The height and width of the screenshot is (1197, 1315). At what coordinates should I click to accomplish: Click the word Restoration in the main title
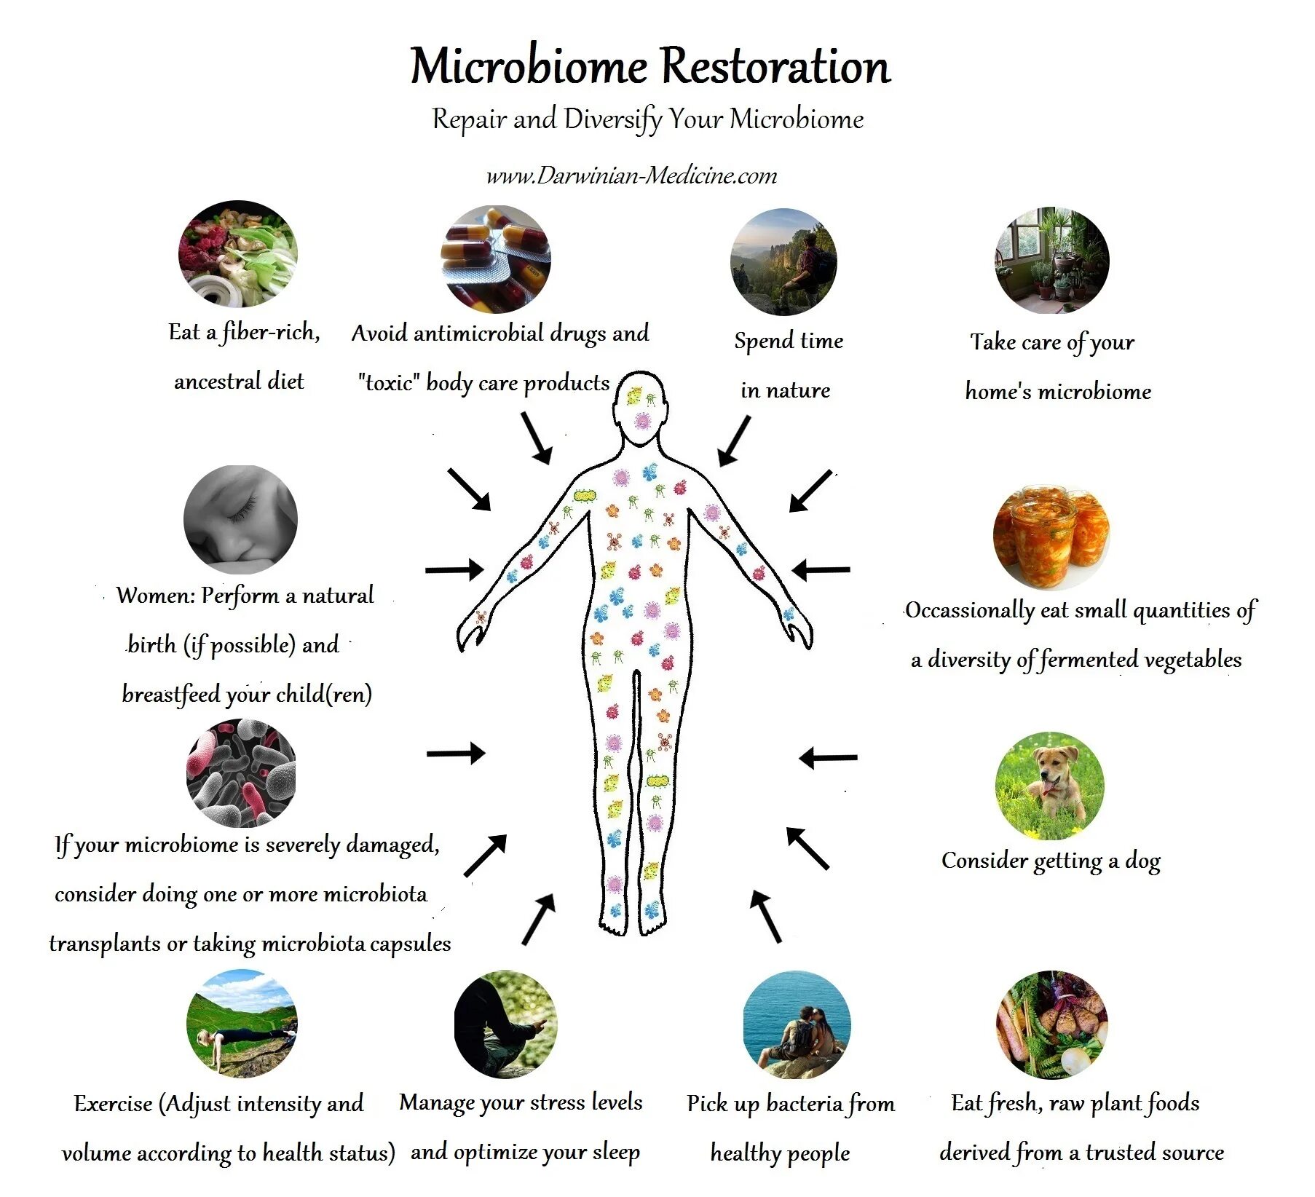(x=776, y=67)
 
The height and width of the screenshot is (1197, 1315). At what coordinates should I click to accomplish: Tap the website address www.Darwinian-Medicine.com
(x=631, y=175)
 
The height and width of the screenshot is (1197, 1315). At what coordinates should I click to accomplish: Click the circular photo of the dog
(x=1049, y=786)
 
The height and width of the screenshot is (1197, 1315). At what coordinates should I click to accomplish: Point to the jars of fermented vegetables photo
(x=1051, y=537)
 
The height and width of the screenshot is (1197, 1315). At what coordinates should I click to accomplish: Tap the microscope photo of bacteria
(x=241, y=773)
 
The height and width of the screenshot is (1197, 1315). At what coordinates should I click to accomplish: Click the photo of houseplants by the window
(x=1051, y=260)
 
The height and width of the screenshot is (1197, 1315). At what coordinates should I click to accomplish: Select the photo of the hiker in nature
(x=783, y=261)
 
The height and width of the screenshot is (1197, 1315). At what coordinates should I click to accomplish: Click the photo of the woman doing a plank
(x=242, y=1024)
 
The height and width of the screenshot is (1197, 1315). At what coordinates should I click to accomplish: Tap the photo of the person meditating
(x=505, y=1024)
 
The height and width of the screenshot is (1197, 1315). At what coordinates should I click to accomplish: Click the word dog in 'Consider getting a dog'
(x=1142, y=861)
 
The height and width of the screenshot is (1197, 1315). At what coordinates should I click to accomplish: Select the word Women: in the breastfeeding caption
(x=156, y=596)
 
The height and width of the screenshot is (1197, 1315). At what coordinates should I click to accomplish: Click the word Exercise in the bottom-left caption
(x=113, y=1104)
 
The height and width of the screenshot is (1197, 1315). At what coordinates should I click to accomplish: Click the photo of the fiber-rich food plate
(x=238, y=254)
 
